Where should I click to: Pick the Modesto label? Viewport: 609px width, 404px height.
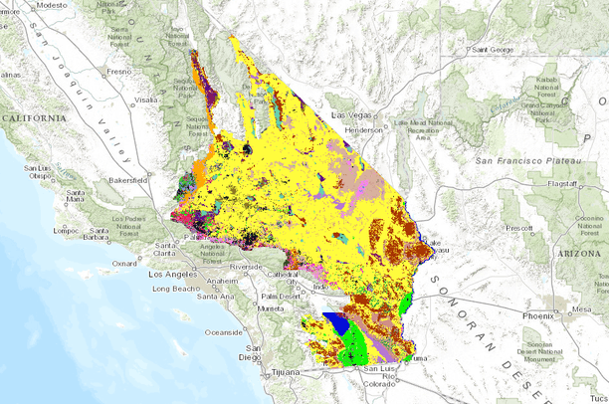pos(58,5)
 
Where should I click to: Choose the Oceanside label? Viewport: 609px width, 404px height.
pos(225,332)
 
